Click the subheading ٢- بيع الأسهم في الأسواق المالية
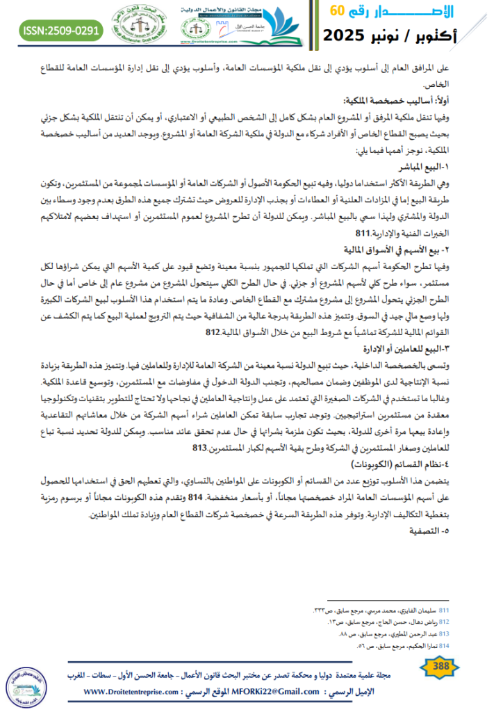click(x=411, y=249)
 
